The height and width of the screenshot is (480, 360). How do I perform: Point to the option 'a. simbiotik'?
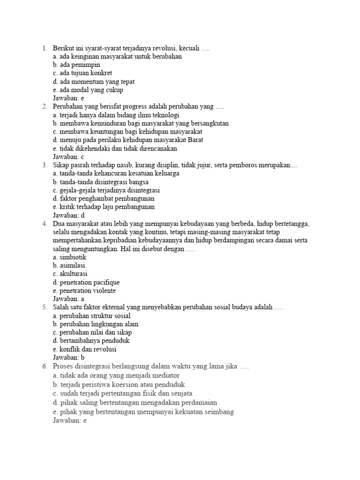point(70,257)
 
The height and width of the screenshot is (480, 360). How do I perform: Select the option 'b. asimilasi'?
point(69,265)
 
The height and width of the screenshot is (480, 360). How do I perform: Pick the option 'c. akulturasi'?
point(70,274)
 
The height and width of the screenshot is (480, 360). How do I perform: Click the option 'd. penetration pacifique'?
point(86,282)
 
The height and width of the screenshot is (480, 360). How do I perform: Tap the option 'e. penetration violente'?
point(84,291)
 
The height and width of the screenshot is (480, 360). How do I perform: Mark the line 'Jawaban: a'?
point(68,299)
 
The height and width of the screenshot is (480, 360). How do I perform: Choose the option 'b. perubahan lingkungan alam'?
point(96,324)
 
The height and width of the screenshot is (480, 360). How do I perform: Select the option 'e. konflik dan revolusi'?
point(85,349)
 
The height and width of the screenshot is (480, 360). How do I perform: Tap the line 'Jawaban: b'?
point(68,358)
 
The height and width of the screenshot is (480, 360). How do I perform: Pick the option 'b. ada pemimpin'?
point(76,65)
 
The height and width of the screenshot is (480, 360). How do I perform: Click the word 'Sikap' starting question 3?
point(61,165)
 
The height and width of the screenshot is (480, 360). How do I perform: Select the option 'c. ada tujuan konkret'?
point(82,73)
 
